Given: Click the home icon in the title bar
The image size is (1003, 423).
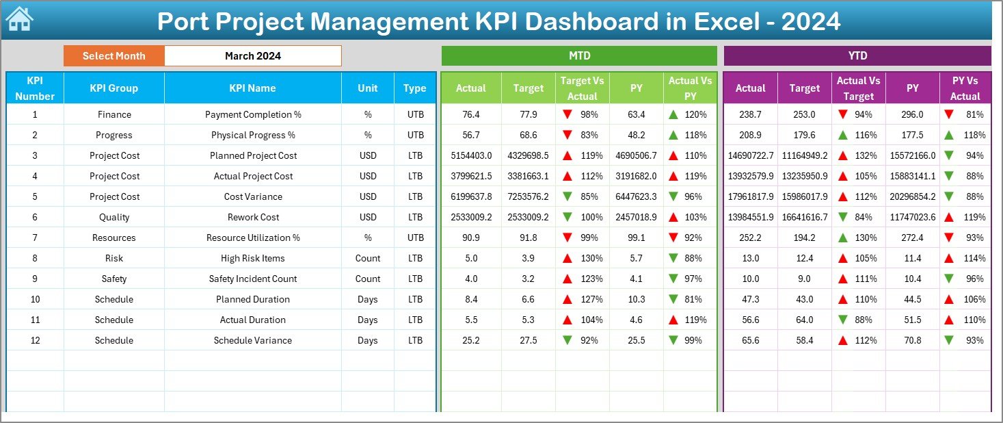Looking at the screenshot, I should point(19,19).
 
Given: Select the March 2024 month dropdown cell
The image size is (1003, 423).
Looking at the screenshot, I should point(252,56).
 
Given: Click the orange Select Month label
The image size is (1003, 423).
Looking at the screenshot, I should point(113,56).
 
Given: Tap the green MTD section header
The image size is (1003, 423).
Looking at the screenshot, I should point(579,55).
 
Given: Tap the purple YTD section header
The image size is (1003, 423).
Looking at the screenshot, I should point(857,55).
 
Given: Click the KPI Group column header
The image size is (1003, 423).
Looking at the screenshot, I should point(113,88).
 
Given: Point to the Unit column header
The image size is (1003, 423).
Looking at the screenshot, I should point(368,88).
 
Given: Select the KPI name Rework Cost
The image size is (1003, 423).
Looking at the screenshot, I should point(253,217).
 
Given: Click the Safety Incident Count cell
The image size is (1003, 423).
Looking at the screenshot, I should point(253,279).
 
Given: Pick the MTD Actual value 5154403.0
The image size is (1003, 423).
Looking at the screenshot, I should point(470,155).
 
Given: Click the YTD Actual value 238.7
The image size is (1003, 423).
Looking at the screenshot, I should point(750,114).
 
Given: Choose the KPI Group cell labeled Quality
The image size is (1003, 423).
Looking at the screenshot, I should point(113,217).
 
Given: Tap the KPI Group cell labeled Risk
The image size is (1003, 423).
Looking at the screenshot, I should point(113,258).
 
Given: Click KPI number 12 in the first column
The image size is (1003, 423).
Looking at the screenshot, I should point(35,340).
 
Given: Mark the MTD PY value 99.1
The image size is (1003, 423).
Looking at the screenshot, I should point(636,238).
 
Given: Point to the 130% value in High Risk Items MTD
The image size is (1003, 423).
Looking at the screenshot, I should point(591,258).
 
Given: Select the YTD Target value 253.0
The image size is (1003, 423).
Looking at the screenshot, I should point(804,114).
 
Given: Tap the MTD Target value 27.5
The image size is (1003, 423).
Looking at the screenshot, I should point(528,340).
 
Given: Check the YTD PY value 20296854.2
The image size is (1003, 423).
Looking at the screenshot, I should point(912,196).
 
